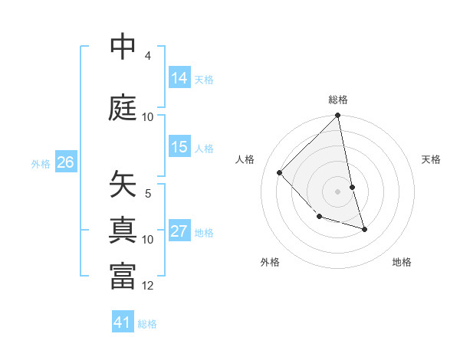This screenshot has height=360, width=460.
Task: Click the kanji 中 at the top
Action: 123,47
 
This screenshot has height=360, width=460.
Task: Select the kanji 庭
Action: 123,107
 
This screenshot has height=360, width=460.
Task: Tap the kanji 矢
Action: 123,185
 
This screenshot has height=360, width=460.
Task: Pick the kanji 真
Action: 123,230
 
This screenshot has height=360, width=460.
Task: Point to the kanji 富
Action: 123,277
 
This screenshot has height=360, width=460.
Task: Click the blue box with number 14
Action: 179,78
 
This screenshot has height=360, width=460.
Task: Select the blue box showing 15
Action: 179,147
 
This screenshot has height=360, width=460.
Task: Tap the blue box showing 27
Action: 179,231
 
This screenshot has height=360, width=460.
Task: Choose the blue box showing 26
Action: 66,162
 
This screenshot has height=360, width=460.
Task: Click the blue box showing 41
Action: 123,322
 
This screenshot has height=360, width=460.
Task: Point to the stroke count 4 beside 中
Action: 147,56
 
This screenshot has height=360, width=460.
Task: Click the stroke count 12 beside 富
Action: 148,286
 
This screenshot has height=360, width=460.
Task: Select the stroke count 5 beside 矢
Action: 147,194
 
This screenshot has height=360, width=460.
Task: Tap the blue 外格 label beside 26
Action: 41,163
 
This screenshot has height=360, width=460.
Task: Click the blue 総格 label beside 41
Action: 147,323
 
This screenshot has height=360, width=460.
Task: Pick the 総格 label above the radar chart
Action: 338,100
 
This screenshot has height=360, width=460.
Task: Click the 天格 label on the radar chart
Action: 432,159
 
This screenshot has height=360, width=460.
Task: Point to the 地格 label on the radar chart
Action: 402,263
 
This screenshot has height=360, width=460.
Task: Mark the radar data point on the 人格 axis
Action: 280,172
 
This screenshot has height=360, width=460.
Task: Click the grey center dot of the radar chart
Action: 338,191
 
